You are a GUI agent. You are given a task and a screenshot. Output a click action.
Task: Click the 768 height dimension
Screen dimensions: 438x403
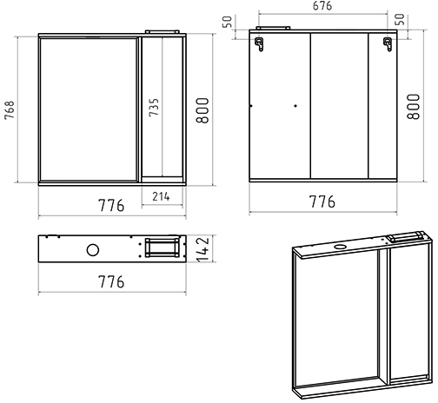coord(10,109)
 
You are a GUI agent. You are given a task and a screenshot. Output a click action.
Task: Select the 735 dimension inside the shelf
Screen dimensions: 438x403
coord(154,108)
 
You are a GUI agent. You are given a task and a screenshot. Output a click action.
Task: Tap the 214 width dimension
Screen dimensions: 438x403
coord(161,196)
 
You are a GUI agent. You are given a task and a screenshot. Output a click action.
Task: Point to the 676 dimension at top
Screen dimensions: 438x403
coord(322,6)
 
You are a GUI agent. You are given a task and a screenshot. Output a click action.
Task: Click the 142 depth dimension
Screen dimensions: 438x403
coord(203,248)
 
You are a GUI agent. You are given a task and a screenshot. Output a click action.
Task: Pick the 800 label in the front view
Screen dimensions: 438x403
coord(202,110)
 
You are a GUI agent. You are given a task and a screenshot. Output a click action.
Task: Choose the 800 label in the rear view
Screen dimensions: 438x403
coord(413,106)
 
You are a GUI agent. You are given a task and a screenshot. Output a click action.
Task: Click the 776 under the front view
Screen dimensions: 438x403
coord(111,205)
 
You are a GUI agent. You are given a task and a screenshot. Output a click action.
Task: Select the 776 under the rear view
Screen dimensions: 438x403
coord(322,201)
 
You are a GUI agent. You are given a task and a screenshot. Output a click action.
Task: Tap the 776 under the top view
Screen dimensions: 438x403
coord(111,281)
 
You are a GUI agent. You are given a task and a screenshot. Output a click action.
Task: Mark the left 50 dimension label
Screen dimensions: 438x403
coord(228,22)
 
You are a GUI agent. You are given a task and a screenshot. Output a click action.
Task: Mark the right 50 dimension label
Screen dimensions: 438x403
coord(400,19)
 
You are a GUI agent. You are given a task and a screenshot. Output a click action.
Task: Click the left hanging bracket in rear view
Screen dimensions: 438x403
coord(259,44)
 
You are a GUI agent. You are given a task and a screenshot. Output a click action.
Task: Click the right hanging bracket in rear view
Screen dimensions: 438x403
coord(388,44)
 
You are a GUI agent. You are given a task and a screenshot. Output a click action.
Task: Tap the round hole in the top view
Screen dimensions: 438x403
coord(93,250)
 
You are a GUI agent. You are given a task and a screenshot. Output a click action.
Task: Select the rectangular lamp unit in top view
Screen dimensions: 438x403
coord(162,248)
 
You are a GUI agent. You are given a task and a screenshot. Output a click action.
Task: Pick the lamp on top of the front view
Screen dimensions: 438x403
coord(163,31)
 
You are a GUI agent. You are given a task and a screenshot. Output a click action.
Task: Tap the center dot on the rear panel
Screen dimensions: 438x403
coord(295,106)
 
